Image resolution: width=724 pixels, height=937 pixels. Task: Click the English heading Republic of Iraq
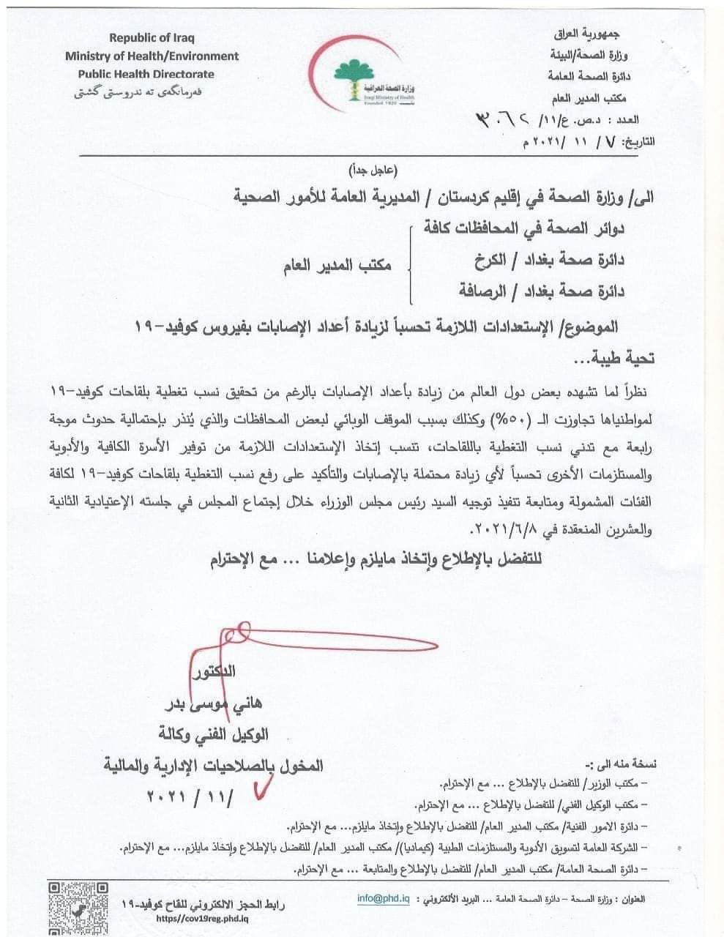click(152, 37)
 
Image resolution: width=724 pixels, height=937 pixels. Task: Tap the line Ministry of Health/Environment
click(152, 56)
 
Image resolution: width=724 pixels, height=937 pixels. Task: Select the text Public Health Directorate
click(146, 74)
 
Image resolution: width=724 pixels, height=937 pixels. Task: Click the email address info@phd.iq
click(382, 898)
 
